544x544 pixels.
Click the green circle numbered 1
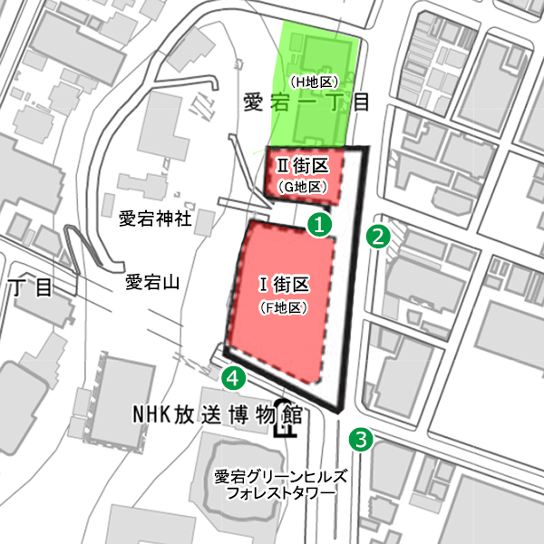pyautogui.click(x=318, y=223)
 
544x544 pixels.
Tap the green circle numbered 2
pyautogui.click(x=377, y=237)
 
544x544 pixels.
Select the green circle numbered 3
pyautogui.click(x=362, y=441)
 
